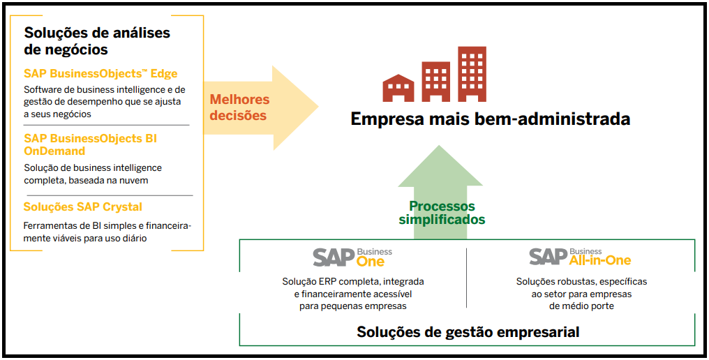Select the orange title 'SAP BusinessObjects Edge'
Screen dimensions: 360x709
(x=100, y=73)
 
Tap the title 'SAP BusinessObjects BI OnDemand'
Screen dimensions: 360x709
(x=90, y=144)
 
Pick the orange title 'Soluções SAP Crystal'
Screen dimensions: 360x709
(x=82, y=207)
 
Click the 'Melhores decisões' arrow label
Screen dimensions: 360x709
(x=239, y=107)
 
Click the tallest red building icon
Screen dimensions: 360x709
(x=472, y=74)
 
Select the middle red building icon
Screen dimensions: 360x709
(x=436, y=82)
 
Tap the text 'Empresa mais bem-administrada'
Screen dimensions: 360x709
(x=490, y=119)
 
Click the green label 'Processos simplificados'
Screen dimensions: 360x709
(x=442, y=213)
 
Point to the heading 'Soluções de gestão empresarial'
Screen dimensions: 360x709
(x=468, y=332)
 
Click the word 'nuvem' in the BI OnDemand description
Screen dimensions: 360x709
(x=134, y=180)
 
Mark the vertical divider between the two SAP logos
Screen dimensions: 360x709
(x=466, y=277)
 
